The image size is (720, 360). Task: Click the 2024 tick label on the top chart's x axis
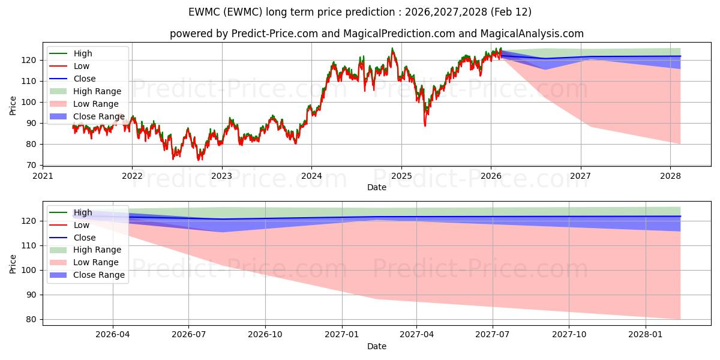click(x=311, y=176)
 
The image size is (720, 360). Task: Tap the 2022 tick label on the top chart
click(x=132, y=176)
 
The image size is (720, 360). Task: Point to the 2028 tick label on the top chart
click(x=670, y=176)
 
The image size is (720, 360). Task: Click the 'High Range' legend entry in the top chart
click(x=97, y=91)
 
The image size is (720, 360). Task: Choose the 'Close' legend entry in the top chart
click(x=85, y=79)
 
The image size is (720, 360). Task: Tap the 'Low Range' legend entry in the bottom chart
click(x=96, y=262)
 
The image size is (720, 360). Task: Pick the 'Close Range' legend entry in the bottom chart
click(x=99, y=275)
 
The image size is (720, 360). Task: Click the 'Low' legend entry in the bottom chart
click(x=82, y=225)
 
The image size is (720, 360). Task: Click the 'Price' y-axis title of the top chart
click(x=13, y=106)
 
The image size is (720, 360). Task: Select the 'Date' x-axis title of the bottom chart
click(x=377, y=346)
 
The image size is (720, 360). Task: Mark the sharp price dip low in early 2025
click(x=425, y=125)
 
